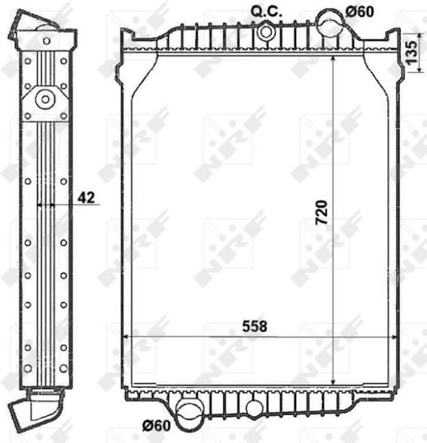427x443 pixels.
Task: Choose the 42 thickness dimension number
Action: point(87,198)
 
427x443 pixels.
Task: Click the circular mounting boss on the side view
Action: point(44,99)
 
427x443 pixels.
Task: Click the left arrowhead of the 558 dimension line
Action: point(126,337)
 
